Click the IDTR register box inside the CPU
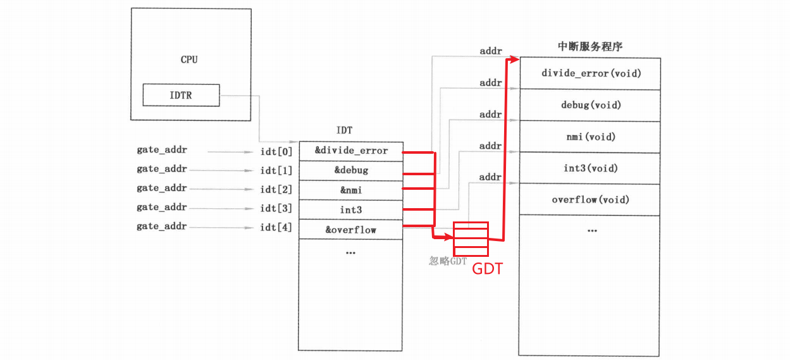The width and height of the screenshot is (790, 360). pyautogui.click(x=181, y=96)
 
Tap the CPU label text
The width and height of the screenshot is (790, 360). pyautogui.click(x=189, y=59)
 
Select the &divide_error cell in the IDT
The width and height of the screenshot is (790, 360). pyautogui.click(x=350, y=151)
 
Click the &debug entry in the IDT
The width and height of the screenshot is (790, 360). pyautogui.click(x=350, y=170)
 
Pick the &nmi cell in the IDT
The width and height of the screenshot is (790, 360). pyautogui.click(x=350, y=190)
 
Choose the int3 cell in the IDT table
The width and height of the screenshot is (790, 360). pyautogui.click(x=350, y=209)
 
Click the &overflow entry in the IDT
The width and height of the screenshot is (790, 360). pyautogui.click(x=350, y=229)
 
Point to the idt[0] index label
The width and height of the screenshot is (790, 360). pyautogui.click(x=276, y=151)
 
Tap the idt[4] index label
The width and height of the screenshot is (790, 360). pyautogui.click(x=276, y=227)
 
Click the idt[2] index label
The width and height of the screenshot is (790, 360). pyautogui.click(x=276, y=189)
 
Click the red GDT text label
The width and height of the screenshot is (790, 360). pyautogui.click(x=488, y=269)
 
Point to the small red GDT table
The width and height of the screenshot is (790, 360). pyautogui.click(x=471, y=237)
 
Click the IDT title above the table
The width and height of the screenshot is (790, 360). pyautogui.click(x=345, y=131)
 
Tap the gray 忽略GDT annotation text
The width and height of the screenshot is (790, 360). pyautogui.click(x=448, y=261)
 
